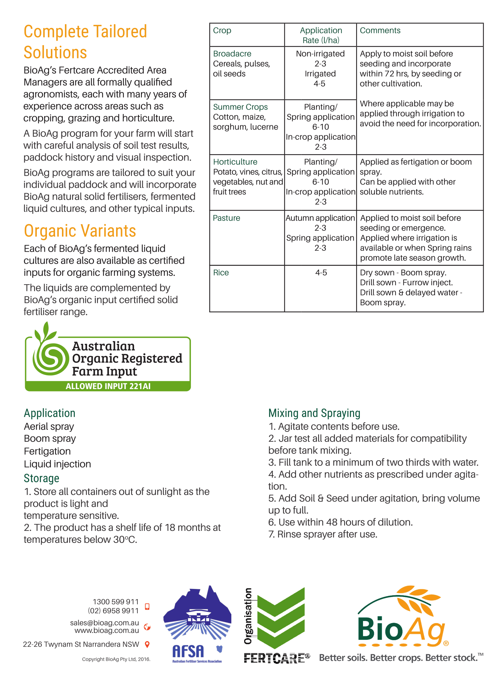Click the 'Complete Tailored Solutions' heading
click(85, 42)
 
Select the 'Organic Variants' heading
click(80, 231)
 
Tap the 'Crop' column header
click(222, 31)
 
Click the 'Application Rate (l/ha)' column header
click(321, 35)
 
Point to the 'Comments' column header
click(380, 31)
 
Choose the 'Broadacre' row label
click(232, 54)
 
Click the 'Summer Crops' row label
click(240, 107)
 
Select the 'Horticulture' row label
click(235, 162)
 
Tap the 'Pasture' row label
click(226, 218)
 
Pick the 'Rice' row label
click(221, 273)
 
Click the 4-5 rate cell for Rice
click(321, 273)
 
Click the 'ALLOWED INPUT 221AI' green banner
click(108, 386)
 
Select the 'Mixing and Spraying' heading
click(314, 413)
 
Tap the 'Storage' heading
click(42, 478)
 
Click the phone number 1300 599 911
click(116, 602)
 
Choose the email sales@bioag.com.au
click(104, 622)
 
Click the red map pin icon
click(147, 645)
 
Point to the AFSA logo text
click(188, 652)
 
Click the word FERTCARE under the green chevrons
click(274, 658)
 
